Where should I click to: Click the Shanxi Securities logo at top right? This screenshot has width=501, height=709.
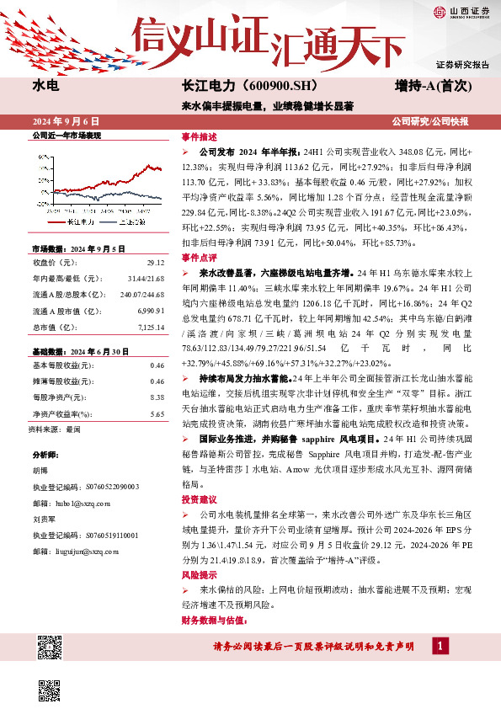pyautogui.click(x=460, y=12)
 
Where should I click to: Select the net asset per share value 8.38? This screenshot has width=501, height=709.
pyautogui.click(x=156, y=396)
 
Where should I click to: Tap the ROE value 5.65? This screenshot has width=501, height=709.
pyautogui.click(x=156, y=413)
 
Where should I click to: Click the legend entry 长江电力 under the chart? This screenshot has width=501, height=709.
pyautogui.click(x=82, y=221)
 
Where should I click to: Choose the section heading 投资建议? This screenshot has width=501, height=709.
pyautogui.click(x=199, y=499)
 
